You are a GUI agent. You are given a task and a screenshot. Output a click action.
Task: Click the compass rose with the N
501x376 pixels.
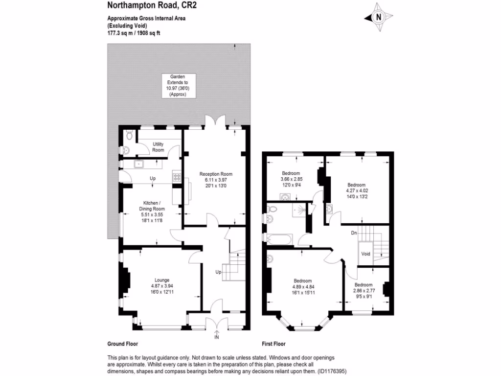click(378, 18)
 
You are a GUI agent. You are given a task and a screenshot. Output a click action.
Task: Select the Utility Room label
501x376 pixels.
click(158, 147)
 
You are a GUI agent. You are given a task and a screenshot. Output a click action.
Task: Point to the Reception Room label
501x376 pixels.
click(215, 174)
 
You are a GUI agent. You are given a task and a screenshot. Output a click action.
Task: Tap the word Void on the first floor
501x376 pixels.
click(365, 254)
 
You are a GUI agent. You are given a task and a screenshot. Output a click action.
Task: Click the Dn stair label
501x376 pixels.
click(354, 233)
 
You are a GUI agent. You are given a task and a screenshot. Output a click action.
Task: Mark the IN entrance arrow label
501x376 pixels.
click(217, 337)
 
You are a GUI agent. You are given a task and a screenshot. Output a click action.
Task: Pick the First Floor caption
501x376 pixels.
click(273, 344)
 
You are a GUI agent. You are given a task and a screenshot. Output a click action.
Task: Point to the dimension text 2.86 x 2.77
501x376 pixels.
click(363, 290)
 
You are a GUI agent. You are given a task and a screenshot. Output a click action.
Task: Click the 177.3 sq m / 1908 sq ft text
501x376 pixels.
click(134, 33)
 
